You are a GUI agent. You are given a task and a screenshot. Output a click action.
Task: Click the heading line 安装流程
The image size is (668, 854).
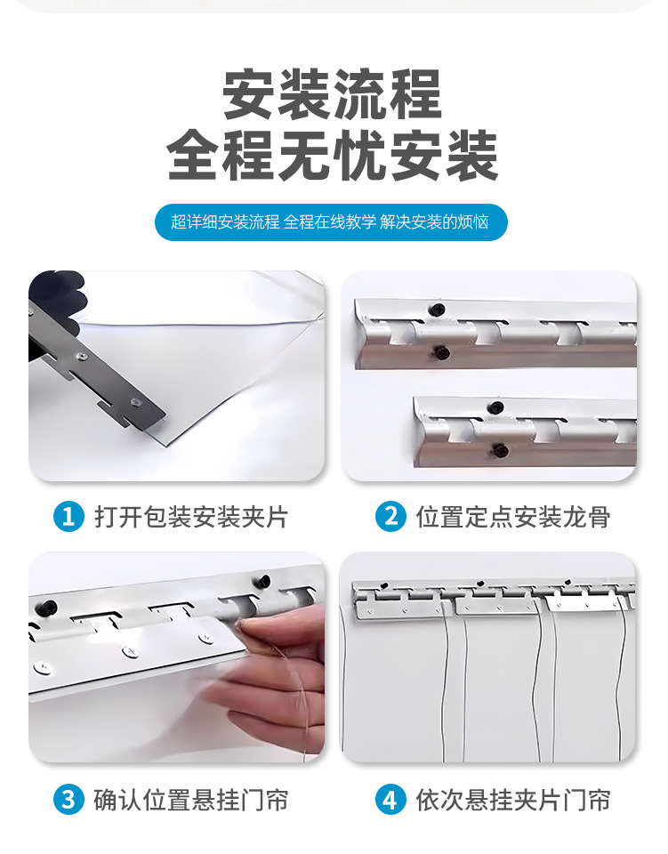(x=332, y=93)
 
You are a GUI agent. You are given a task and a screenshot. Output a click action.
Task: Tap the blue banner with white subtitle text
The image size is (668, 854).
(x=331, y=222)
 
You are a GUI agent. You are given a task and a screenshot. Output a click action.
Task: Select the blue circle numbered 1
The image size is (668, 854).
(x=68, y=516)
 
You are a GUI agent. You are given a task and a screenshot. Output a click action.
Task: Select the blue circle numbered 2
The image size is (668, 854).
(x=390, y=516)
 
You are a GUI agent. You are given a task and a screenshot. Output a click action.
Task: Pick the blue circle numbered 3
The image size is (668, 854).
(x=68, y=800)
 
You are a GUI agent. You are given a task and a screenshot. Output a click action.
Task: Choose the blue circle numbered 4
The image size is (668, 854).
(x=390, y=800)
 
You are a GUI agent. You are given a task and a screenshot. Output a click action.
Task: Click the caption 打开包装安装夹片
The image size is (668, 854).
(x=191, y=517)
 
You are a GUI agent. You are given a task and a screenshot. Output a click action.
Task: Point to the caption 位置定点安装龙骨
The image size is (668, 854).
(x=513, y=517)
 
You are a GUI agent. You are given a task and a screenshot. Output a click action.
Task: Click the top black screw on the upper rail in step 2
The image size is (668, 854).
(x=437, y=310)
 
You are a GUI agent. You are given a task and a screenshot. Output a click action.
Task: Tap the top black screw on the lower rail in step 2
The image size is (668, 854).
(x=495, y=407)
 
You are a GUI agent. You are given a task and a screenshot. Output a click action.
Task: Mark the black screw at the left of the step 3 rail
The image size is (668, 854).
(x=48, y=606)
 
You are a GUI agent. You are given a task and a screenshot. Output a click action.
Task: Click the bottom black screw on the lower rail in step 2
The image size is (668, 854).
(x=499, y=451)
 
